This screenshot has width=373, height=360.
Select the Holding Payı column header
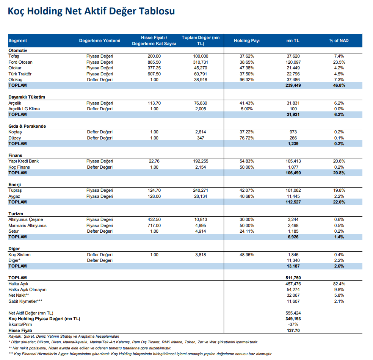click(246, 41)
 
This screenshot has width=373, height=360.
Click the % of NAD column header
click(339, 41)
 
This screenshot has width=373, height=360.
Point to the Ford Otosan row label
click(20, 62)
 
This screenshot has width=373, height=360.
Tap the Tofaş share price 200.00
click(154, 56)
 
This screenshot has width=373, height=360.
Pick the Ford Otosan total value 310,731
click(201, 62)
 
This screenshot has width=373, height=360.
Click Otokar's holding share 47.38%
click(246, 68)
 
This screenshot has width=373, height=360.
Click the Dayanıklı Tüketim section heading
click(27, 97)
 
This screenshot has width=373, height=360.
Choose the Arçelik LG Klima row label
click(24, 109)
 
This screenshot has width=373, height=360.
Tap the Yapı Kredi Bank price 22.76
click(154, 161)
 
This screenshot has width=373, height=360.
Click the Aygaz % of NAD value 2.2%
click(339, 196)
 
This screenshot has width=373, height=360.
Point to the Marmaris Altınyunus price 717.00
click(154, 225)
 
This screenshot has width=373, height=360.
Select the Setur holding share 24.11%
click(246, 231)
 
